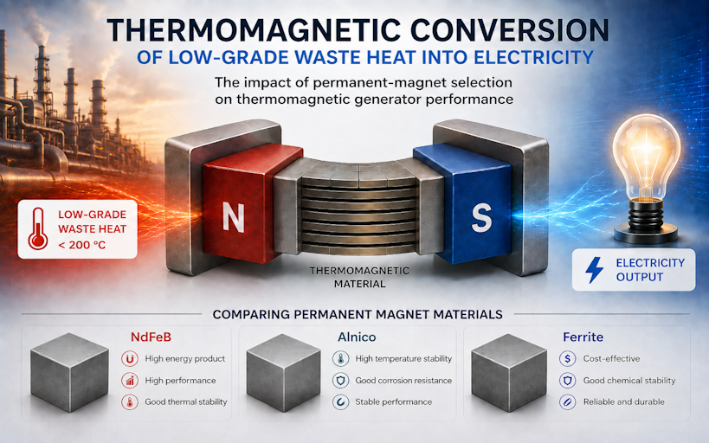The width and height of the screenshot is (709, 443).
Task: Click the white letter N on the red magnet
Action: [234, 218]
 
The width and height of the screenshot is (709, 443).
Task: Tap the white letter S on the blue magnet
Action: [481, 217]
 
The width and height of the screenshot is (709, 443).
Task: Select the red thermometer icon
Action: [37, 228]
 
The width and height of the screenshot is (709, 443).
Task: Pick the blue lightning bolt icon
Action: [594, 270]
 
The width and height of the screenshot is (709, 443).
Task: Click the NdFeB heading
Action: [151, 337]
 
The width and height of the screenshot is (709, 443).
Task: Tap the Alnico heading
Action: [357, 337]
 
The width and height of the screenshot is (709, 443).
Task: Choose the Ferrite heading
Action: [583, 337]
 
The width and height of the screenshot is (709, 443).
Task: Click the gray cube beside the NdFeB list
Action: [69, 372]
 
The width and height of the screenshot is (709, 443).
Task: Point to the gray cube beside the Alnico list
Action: [283, 373]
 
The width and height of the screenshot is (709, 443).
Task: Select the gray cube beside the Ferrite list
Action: [509, 373]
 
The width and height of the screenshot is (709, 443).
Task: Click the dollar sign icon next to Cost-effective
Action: [568, 359]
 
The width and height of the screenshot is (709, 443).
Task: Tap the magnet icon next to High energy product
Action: [130, 359]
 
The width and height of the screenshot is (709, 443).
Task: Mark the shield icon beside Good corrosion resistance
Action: [340, 381]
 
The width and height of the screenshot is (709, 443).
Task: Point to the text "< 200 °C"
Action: [82, 246]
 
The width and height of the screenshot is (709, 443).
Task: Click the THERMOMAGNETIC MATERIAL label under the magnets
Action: [359, 278]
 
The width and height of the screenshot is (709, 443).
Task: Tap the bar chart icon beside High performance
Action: [130, 381]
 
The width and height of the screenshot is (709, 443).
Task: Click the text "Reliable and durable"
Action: [623, 401]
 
